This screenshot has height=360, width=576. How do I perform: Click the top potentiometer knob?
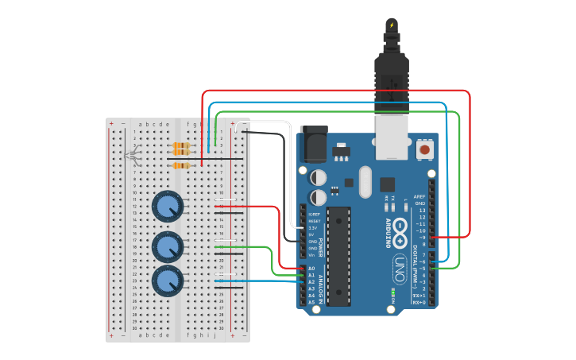168,207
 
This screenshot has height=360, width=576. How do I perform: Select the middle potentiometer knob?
168,247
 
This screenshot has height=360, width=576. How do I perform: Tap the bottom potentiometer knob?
168,281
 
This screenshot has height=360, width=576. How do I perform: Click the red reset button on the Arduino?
425,149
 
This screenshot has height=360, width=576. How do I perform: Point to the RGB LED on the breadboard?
132,154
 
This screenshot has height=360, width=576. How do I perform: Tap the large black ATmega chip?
338,255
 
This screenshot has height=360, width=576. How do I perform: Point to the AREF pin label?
419,196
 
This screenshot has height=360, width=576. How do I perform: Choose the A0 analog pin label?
311,269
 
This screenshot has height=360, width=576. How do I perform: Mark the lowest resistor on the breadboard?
182,165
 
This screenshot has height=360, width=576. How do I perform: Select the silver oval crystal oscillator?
365,180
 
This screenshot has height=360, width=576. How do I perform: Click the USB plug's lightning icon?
391,25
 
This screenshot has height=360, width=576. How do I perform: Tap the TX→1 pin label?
418,296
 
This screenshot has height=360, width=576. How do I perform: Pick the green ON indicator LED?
392,293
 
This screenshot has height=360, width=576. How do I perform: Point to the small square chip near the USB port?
387,184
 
